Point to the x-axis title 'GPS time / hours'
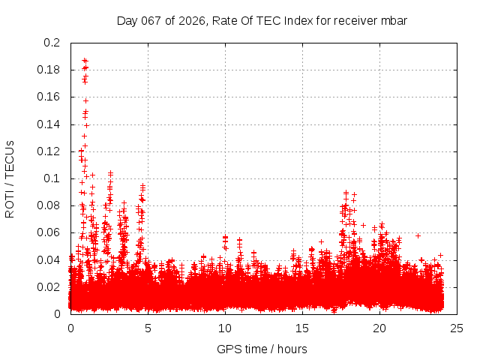coord(262,349)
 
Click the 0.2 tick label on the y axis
coord(52,43)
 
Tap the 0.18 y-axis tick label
coord(49,70)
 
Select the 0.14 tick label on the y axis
coord(49,124)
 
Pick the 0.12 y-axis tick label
coord(49,151)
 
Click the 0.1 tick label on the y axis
coord(52,178)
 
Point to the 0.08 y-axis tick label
coord(49,205)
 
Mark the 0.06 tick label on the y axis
coord(49,232)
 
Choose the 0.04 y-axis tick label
coord(49,259)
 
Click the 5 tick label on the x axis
coord(148,328)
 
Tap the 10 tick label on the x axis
coord(225,328)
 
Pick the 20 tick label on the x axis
coord(379,328)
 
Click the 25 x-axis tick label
coord(457,328)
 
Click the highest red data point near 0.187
coord(85,60)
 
